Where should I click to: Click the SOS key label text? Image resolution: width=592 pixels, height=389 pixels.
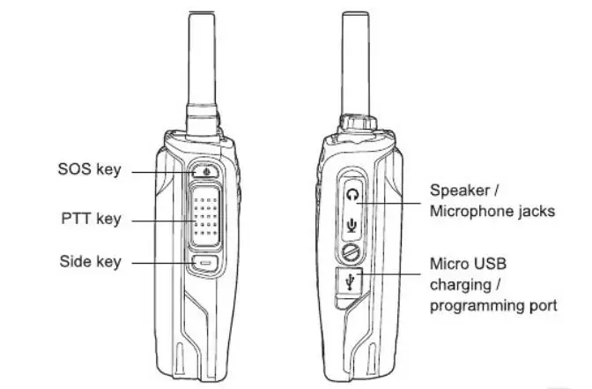[89, 169]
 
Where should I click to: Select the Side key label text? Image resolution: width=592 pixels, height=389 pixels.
[90, 262]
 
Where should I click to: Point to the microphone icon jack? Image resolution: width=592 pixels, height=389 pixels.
[353, 224]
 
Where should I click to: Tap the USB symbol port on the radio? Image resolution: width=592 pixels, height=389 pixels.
[353, 281]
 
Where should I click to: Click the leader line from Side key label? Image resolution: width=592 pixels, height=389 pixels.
[167, 263]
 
